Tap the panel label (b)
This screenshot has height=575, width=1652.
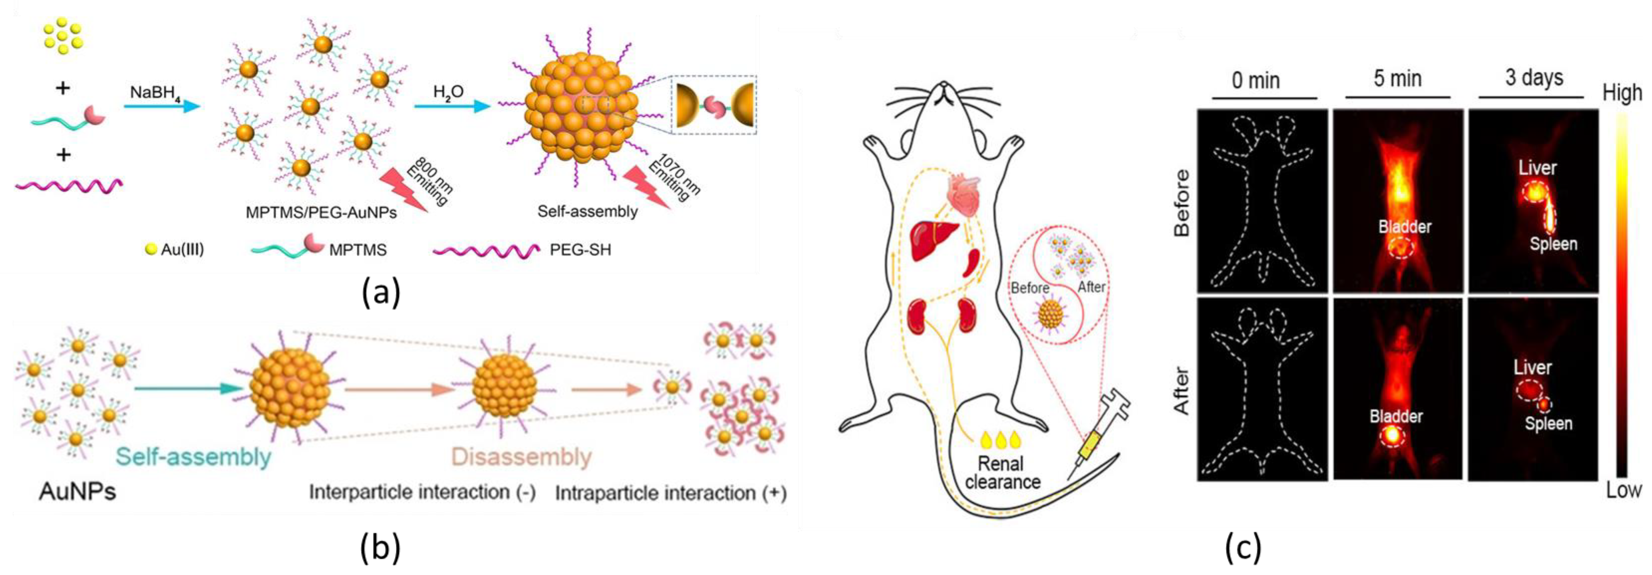(381, 549)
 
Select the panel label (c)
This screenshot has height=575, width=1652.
(1243, 549)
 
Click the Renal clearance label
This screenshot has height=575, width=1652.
(1002, 472)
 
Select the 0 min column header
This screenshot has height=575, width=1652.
(1256, 81)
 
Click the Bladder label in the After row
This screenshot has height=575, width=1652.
(1396, 416)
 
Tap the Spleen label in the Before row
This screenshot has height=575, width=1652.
(1553, 244)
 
